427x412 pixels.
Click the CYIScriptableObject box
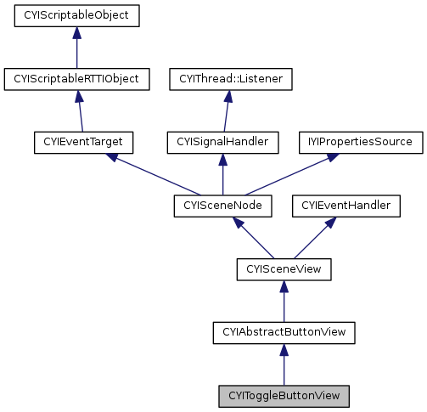(x=76, y=15)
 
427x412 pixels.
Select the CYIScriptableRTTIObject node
(x=76, y=79)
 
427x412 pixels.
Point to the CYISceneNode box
(x=222, y=206)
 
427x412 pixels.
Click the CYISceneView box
(x=284, y=269)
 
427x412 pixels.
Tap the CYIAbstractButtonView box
(x=284, y=332)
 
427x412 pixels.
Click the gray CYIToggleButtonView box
(x=284, y=396)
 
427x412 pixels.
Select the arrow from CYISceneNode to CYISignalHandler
(x=222, y=174)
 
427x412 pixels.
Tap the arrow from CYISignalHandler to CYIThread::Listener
(x=227, y=110)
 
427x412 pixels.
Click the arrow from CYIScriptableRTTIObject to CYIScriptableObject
(x=76, y=48)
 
